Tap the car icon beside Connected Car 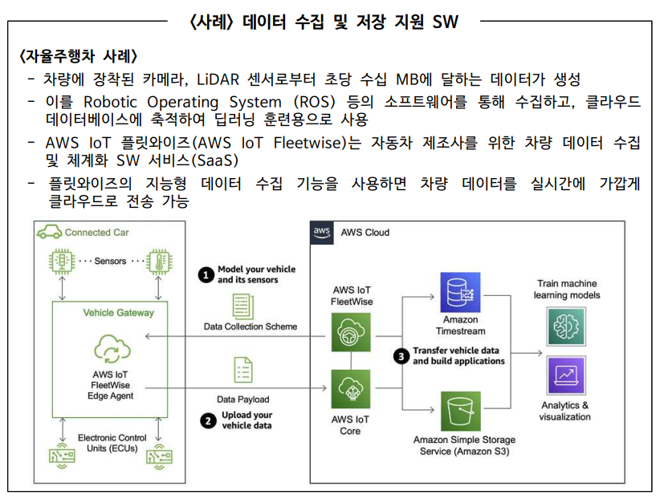pos(49,232)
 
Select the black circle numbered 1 pos(206,274)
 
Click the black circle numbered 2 pos(207,420)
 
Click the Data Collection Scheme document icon pos(242,305)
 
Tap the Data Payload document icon pos(242,371)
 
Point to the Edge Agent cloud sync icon pos(111,348)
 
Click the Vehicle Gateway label pos(118,312)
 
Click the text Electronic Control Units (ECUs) pos(112,443)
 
